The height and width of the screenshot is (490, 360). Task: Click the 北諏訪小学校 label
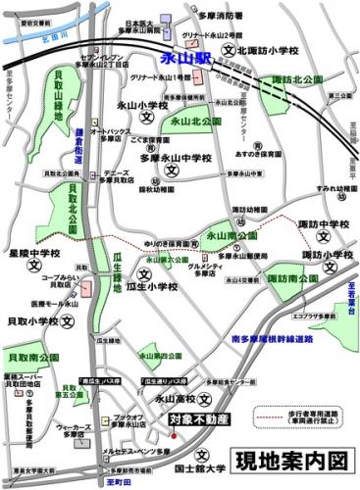pyautogui.click(x=269, y=48)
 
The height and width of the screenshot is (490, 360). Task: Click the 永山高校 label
pyautogui.click(x=177, y=398)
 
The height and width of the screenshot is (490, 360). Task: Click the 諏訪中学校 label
pyautogui.click(x=324, y=225)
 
